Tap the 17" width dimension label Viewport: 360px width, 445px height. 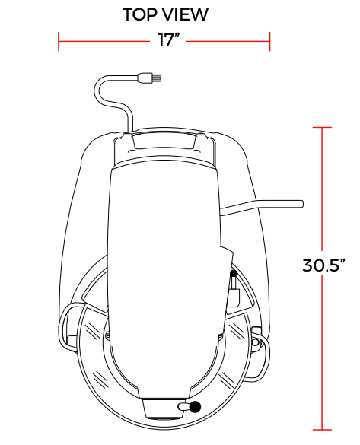pyautogui.click(x=169, y=40)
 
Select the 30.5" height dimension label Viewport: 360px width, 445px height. pyautogui.click(x=323, y=265)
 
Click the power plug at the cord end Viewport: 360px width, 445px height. pyautogui.click(x=149, y=78)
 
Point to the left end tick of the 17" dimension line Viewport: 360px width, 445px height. pyautogui.click(x=59, y=41)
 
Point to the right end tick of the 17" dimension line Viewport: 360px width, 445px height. pyautogui.click(x=269, y=41)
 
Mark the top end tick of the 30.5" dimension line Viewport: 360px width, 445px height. pyautogui.click(x=322, y=128)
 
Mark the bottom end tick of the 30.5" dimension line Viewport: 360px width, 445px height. pyautogui.click(x=322, y=430)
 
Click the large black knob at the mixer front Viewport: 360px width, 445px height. pyautogui.click(x=195, y=407)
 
